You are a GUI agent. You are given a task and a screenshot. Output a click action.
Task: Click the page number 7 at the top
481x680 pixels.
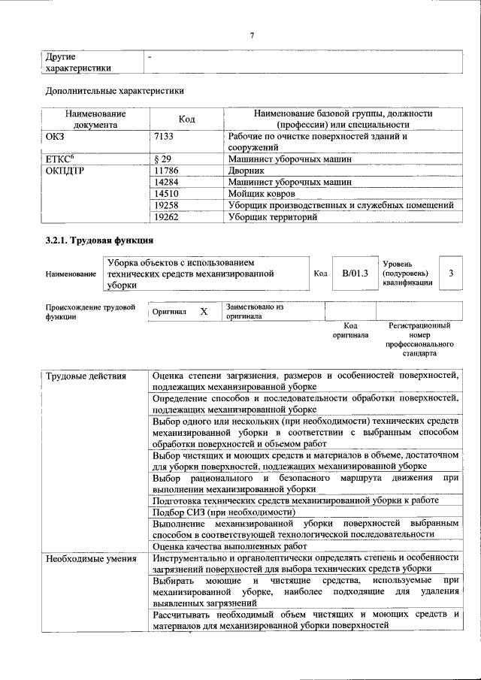coord(253,35)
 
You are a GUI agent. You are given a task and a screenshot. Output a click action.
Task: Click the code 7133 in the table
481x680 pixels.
coord(163,138)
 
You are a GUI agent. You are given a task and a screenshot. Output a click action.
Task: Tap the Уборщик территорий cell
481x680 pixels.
coord(272,217)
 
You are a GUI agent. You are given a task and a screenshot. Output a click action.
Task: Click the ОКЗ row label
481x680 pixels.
coord(56,138)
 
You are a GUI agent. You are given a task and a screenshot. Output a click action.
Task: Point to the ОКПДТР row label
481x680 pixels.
coord(65,171)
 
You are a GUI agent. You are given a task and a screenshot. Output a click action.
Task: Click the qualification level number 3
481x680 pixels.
coord(451,274)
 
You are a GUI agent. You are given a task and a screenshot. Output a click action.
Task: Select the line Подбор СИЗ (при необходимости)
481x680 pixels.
coord(223,512)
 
